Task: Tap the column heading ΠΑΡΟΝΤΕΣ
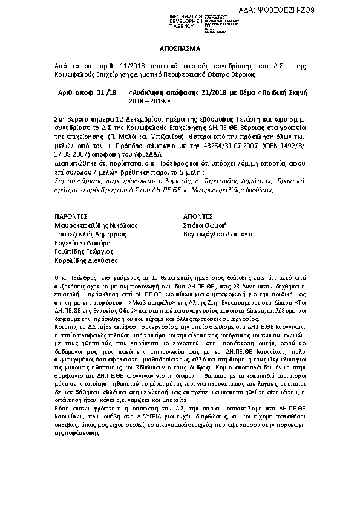tap(71, 215)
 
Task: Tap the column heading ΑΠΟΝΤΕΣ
tap(198, 215)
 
